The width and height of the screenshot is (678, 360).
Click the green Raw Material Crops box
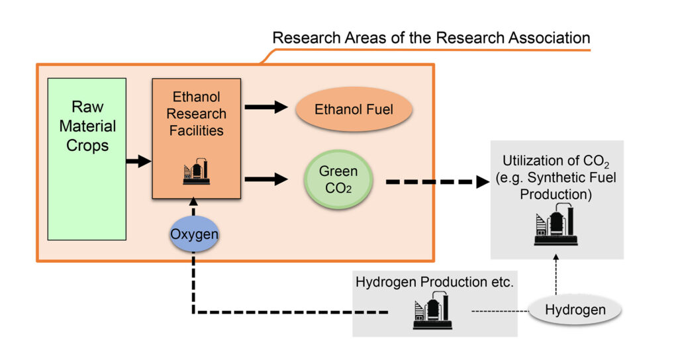click(87, 159)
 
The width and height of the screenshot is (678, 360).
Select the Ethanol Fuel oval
click(354, 109)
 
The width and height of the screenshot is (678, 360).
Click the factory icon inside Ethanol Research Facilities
click(196, 172)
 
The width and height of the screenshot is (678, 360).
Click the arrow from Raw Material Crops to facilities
click(138, 161)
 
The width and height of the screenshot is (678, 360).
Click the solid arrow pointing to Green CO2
click(267, 179)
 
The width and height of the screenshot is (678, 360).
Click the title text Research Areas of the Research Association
click(430, 37)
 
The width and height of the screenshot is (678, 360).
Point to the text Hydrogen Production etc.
click(434, 281)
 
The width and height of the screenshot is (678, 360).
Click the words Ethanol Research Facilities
click(196, 114)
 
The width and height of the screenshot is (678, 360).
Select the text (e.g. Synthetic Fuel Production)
click(556, 187)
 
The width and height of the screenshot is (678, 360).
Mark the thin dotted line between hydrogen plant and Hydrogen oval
click(500, 310)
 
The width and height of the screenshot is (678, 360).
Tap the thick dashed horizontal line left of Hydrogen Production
click(291, 312)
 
